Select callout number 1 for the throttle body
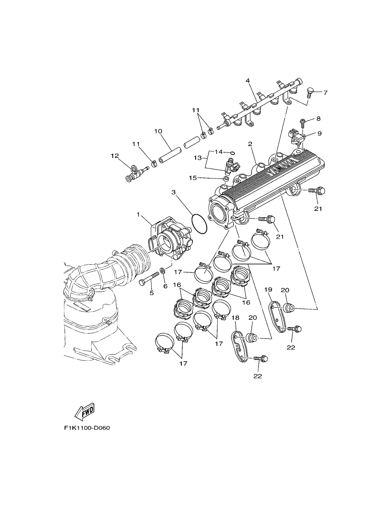138,214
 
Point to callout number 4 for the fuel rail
248,80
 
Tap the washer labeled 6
162,271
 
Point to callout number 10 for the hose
158,131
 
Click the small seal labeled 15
226,179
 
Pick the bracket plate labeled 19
277,317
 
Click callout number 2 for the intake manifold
250,144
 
